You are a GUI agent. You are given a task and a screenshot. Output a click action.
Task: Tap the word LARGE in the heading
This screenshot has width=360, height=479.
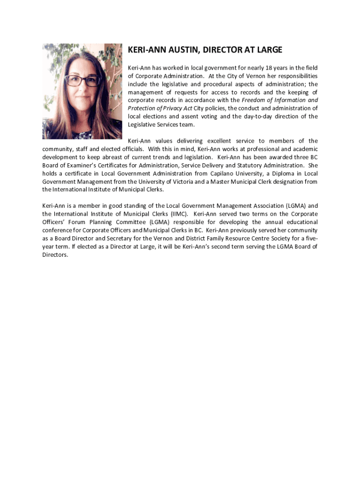pyautogui.click(x=268, y=50)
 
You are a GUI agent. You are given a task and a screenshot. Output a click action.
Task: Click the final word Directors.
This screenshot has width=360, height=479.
pyautogui.click(x=55, y=255)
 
